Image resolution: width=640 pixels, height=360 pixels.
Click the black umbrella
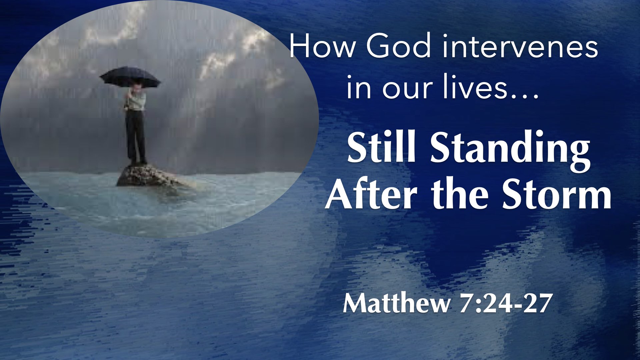point(130,77)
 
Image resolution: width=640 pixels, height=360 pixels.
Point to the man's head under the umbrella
point(136,87)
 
